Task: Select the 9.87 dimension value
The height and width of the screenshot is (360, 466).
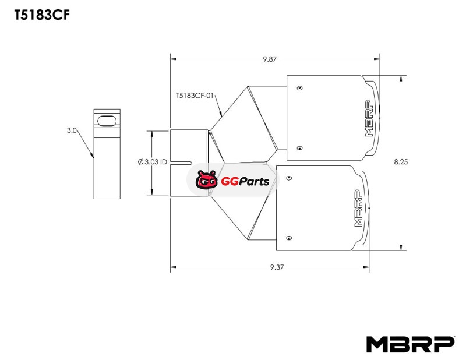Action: pos(269,59)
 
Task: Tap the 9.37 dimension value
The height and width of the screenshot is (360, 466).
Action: pos(277,267)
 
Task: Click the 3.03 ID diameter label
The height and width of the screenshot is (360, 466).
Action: pos(157,161)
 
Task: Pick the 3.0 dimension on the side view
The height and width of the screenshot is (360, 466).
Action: pos(72,131)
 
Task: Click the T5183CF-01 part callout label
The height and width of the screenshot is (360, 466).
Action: pos(195,94)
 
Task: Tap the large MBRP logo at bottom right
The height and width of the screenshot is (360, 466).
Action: pos(410,344)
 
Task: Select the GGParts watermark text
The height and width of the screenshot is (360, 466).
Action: pos(245,181)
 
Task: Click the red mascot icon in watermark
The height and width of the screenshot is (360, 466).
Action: pos(207,181)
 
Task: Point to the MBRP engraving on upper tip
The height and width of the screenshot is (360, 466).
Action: pos(368,118)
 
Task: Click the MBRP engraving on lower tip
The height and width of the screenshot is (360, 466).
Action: pos(358,208)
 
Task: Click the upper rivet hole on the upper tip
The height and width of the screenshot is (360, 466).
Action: pos(299,88)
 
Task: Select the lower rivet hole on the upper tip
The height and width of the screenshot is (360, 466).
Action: pos(299,147)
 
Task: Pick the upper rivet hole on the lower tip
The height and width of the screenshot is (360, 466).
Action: pos(288,178)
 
